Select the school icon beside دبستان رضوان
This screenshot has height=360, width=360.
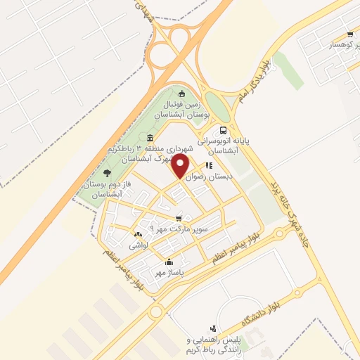pyautogui.click(x=209, y=166)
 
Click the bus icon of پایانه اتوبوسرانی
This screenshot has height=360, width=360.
pyautogui.click(x=224, y=130)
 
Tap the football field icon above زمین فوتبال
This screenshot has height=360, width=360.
pyautogui.click(x=182, y=94)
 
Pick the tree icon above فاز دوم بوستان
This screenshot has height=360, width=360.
pyautogui.click(x=107, y=172)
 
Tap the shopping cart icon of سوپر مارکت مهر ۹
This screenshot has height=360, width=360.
pyautogui.click(x=179, y=219)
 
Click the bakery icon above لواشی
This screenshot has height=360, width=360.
pyautogui.click(x=138, y=234)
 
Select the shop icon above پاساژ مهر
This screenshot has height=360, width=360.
pyautogui.click(x=169, y=262)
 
